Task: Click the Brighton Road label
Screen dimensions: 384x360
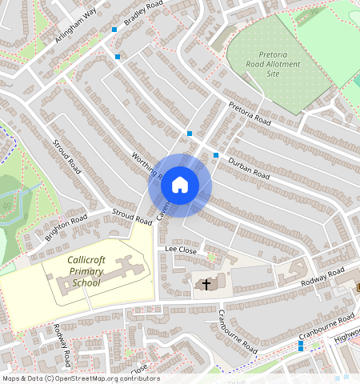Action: (x=66, y=227)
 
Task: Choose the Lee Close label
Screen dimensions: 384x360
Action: (x=181, y=250)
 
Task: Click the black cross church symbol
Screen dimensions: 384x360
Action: (x=206, y=283)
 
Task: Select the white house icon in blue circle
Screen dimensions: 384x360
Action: (x=180, y=186)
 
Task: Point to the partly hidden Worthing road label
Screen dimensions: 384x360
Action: (x=146, y=166)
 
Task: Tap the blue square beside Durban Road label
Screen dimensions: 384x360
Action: (x=216, y=155)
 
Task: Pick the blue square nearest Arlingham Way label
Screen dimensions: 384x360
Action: (x=115, y=29)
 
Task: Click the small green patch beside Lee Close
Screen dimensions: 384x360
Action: (x=211, y=257)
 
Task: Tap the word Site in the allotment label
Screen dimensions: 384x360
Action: (x=274, y=74)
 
